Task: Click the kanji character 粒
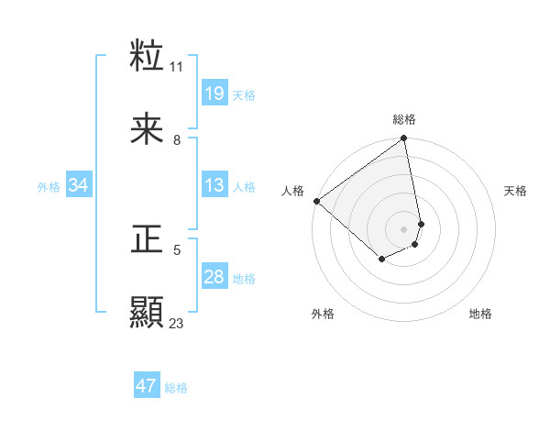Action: (x=148, y=57)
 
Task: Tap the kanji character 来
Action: (x=148, y=129)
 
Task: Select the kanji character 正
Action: (x=148, y=239)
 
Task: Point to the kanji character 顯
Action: (x=148, y=312)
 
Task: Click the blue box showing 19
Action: (x=214, y=94)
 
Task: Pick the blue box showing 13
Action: (x=214, y=185)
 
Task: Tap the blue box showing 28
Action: (x=214, y=277)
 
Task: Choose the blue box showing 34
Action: (x=79, y=185)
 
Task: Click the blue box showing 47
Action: (x=147, y=386)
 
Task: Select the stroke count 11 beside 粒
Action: (x=177, y=67)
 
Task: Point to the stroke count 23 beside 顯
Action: (x=177, y=323)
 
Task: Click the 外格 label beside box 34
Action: (x=49, y=186)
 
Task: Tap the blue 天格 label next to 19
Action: (x=244, y=94)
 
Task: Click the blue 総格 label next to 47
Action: (x=176, y=387)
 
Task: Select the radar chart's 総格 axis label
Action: (x=404, y=119)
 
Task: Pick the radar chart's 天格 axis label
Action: (x=516, y=191)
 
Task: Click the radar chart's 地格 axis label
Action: (x=480, y=314)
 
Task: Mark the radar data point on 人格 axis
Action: (x=316, y=201)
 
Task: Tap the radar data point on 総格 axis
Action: (x=403, y=139)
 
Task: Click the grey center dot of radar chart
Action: (x=404, y=228)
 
